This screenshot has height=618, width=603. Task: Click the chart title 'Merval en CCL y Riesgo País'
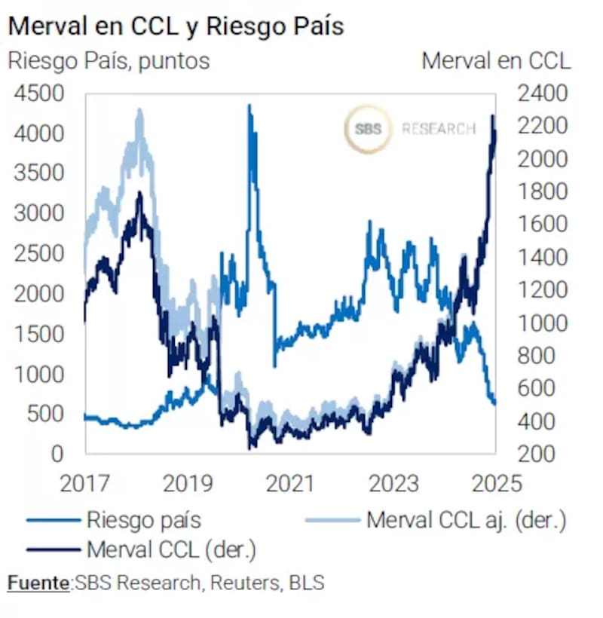tap(176, 26)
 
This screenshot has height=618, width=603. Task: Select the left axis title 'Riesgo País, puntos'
tap(109, 60)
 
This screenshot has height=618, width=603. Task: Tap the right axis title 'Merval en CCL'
tap(496, 60)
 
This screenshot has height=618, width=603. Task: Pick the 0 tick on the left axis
tap(57, 454)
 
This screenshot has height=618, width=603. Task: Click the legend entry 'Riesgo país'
tap(143, 519)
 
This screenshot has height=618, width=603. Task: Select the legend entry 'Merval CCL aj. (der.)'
tap(466, 519)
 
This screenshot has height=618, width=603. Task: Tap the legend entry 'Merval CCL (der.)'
tap(172, 549)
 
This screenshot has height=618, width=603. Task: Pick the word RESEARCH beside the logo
tap(439, 129)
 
